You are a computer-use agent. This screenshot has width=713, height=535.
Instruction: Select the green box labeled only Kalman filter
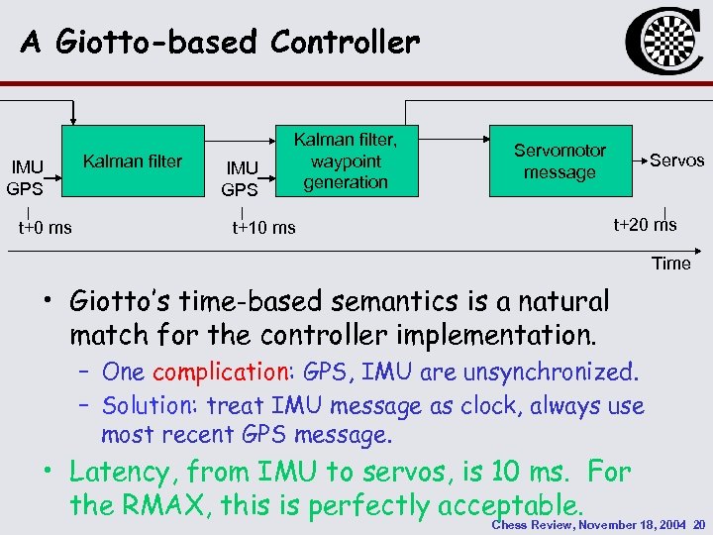tap(133, 161)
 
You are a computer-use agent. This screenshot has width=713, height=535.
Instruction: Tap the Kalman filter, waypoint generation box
tap(346, 160)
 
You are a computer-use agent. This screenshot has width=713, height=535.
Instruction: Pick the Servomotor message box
tap(560, 160)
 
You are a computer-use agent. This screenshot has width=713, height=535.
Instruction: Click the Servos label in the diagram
tap(676, 160)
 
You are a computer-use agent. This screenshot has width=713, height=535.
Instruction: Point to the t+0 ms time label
tap(45, 228)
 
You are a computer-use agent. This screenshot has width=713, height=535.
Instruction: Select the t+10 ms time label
tap(263, 228)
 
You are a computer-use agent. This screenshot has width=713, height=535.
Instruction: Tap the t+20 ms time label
tap(645, 224)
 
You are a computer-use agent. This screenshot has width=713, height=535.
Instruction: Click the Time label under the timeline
tap(670, 263)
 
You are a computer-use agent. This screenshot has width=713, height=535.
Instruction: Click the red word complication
tap(218, 373)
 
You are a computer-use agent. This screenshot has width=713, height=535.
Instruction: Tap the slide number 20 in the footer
tap(699, 524)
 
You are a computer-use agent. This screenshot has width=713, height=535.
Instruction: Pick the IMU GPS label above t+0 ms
tap(25, 177)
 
